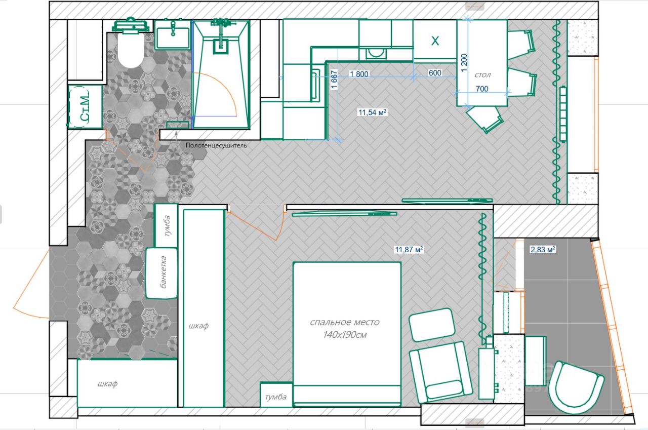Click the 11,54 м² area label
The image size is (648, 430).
pyautogui.click(x=372, y=112)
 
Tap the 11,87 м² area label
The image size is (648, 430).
pyautogui.click(x=409, y=249)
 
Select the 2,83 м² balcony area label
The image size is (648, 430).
pyautogui.click(x=542, y=249)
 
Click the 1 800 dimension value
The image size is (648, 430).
pyautogui.click(x=359, y=74)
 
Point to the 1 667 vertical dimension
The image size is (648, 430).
pyautogui.click(x=334, y=80)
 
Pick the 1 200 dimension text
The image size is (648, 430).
pyautogui.click(x=464, y=62)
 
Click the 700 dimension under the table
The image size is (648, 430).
pyautogui.click(x=482, y=89)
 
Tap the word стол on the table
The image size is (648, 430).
pyautogui.click(x=482, y=75)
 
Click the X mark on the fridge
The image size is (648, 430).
pyautogui.click(x=435, y=41)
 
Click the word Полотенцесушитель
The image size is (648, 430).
pyautogui.click(x=216, y=145)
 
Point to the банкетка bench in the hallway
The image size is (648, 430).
pyautogui.click(x=161, y=273)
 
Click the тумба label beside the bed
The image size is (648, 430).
pyautogui.click(x=276, y=397)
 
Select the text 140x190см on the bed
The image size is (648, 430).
pyautogui.click(x=345, y=335)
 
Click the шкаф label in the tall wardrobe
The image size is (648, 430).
pyautogui.click(x=198, y=326)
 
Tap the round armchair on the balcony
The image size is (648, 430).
pyautogui.click(x=576, y=387)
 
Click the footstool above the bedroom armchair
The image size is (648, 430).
pyautogui.click(x=432, y=325)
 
